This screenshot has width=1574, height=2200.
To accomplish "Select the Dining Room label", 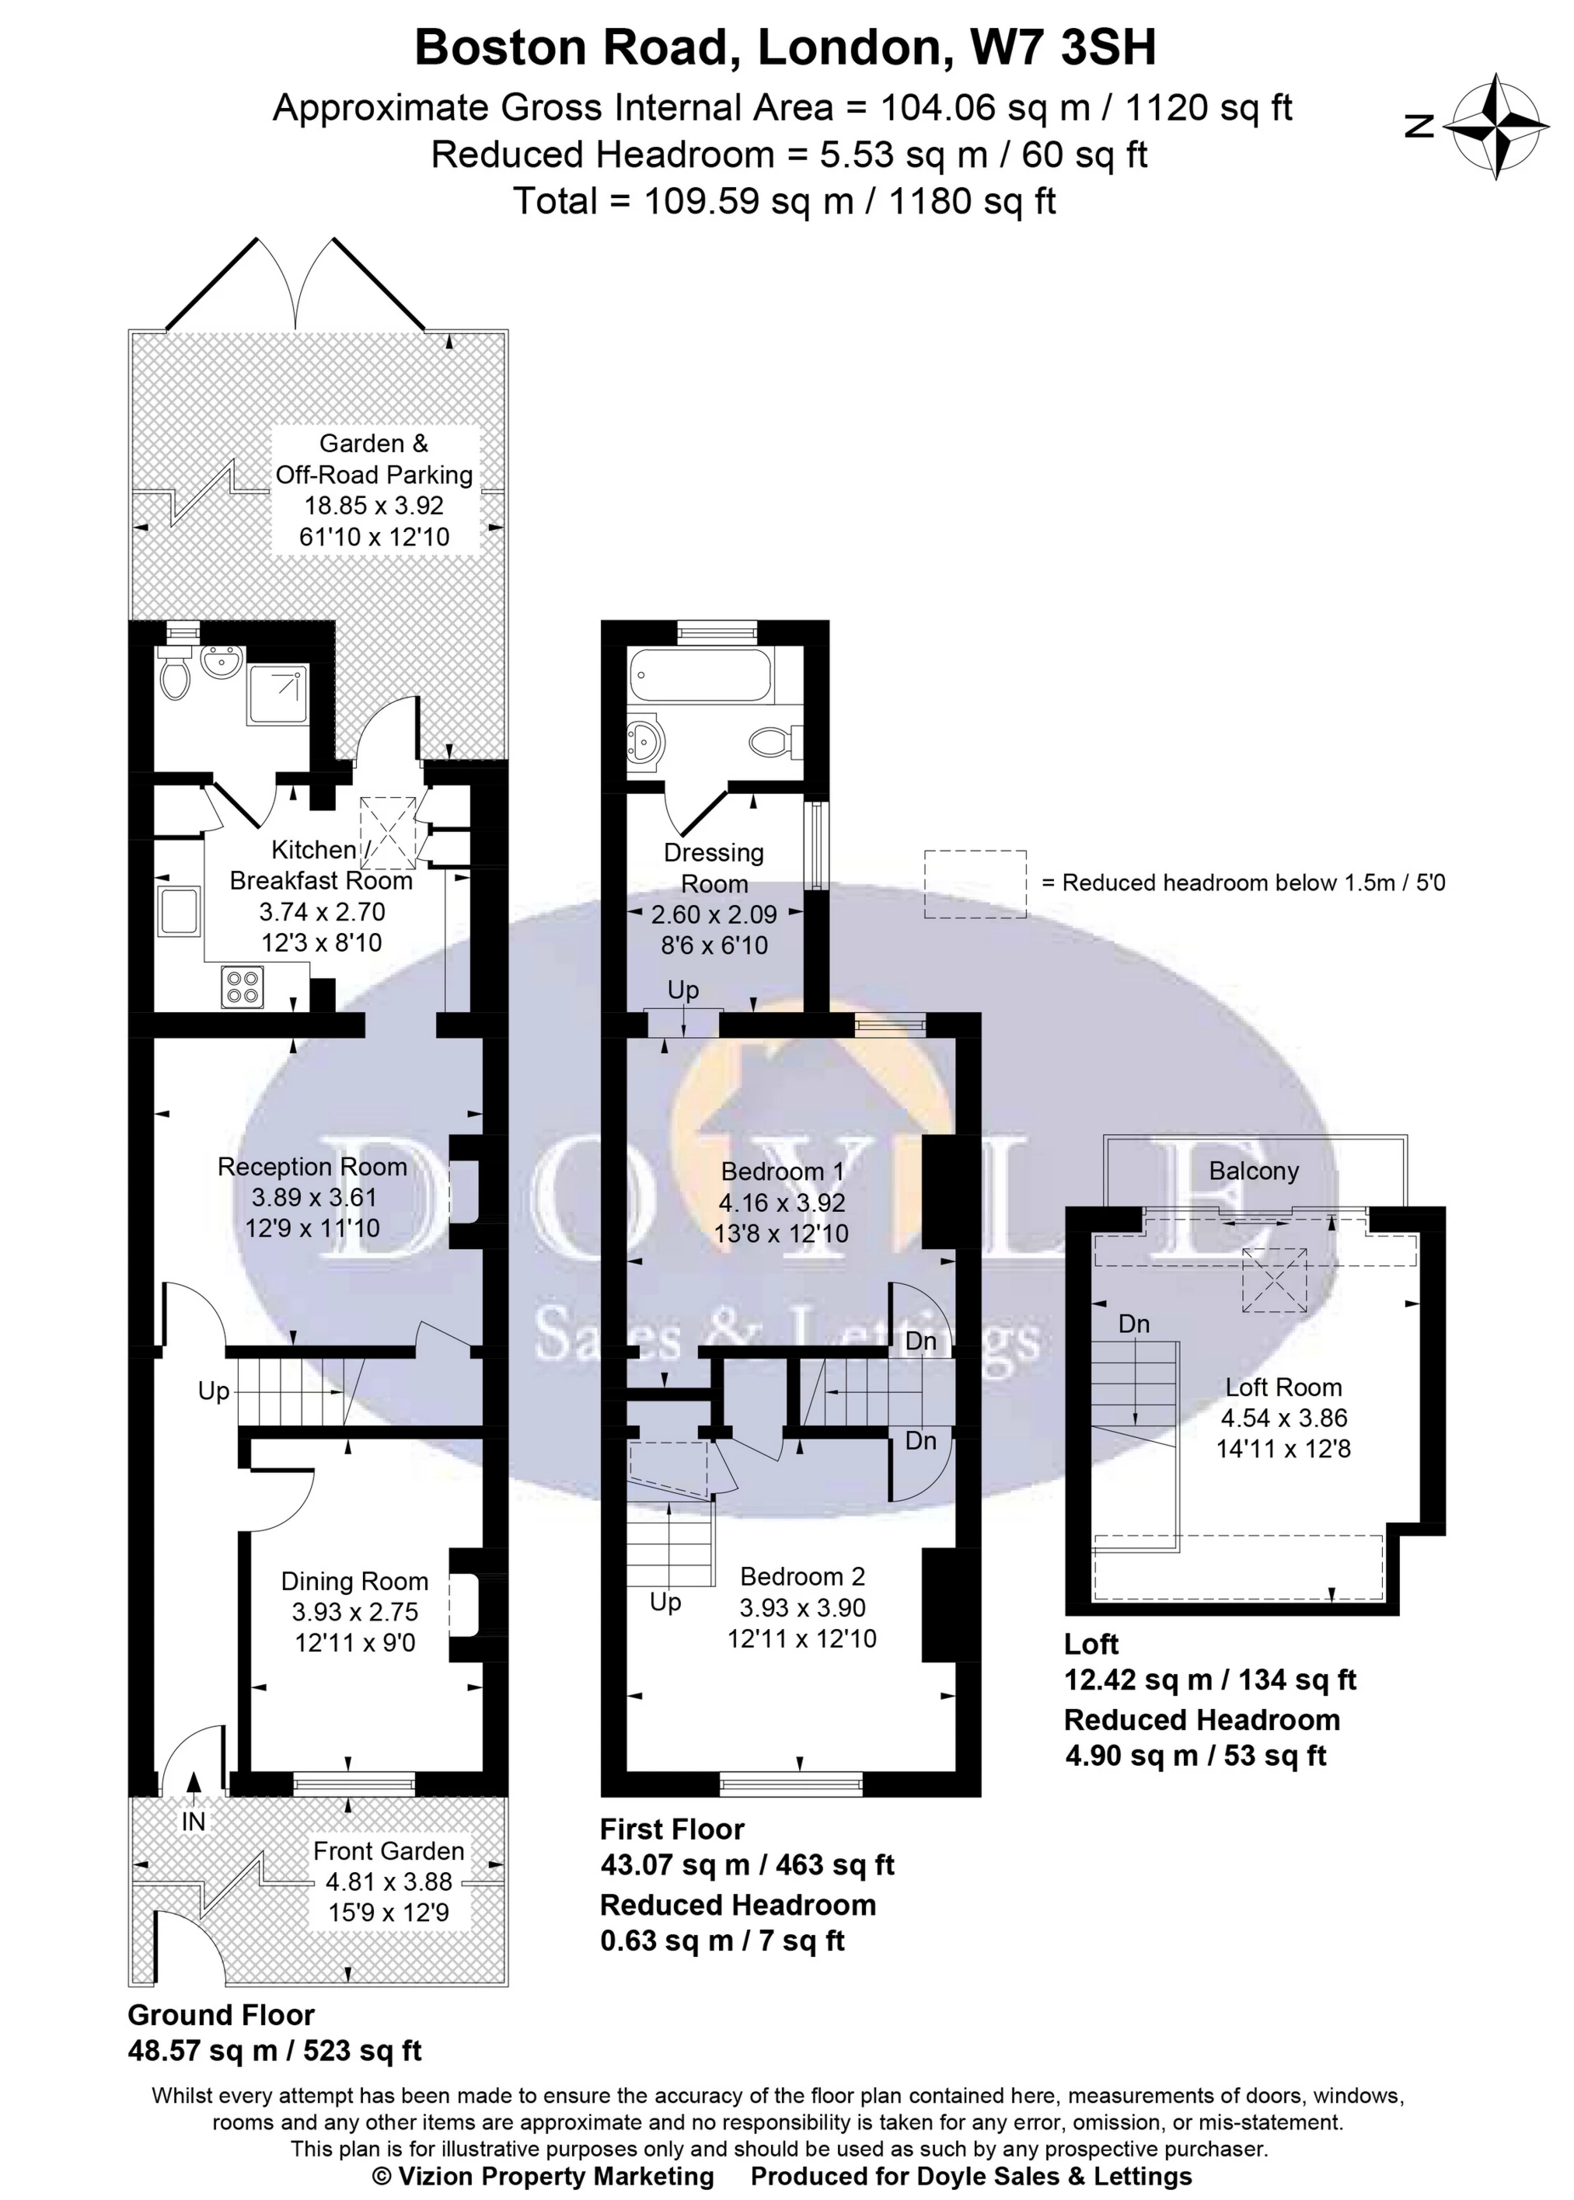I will (x=354, y=1581).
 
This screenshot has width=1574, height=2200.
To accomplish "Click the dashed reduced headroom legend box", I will (x=974, y=883).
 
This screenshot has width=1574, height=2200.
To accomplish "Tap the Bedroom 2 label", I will (x=801, y=1576).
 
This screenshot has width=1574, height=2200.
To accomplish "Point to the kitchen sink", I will (x=180, y=910).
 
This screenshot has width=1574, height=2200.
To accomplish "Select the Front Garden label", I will (x=389, y=1850).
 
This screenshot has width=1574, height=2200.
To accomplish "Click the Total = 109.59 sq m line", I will (x=784, y=200).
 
